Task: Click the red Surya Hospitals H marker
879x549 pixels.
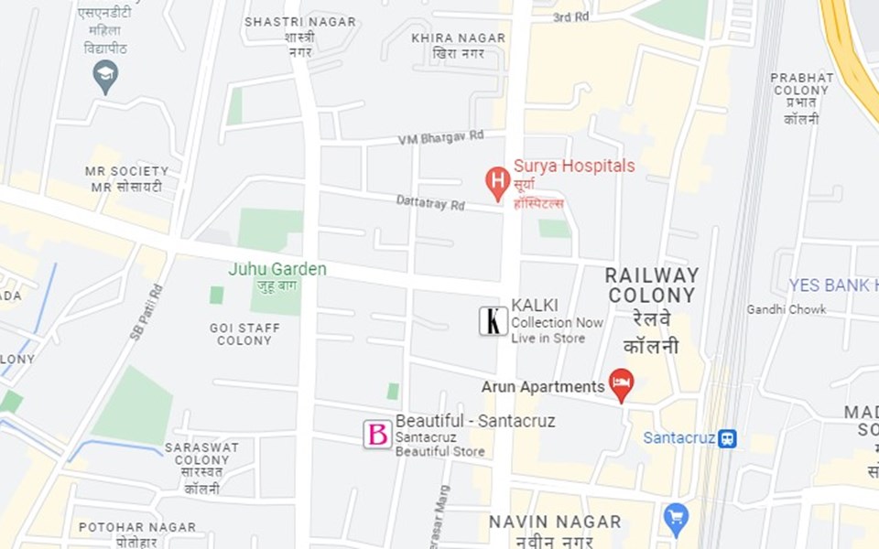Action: pos(497,182)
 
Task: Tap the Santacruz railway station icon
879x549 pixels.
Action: pos(727,438)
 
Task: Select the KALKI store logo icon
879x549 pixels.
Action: pos(494,320)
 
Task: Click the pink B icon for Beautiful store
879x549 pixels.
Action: pos(377,434)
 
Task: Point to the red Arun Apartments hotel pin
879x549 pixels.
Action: pos(622,383)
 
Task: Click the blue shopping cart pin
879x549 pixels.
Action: pos(676,518)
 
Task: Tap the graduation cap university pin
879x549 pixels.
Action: pos(105,75)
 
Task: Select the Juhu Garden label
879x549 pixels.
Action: pos(277,269)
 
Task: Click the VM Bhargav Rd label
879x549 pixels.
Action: pos(440,137)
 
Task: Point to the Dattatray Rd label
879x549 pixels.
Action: pos(430,202)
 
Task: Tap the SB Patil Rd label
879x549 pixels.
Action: pos(146,312)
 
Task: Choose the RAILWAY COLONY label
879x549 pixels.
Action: pos(652,285)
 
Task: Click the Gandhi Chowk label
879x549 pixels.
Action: pos(786,309)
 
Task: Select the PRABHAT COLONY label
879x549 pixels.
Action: pos(801,84)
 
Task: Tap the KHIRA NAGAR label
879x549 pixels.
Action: pos(458,38)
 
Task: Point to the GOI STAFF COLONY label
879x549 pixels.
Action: pos(244,334)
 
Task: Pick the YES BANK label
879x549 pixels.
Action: pos(834,285)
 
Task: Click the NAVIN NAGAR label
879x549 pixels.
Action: pos(555,522)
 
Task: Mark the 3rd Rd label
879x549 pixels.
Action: pos(570,16)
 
